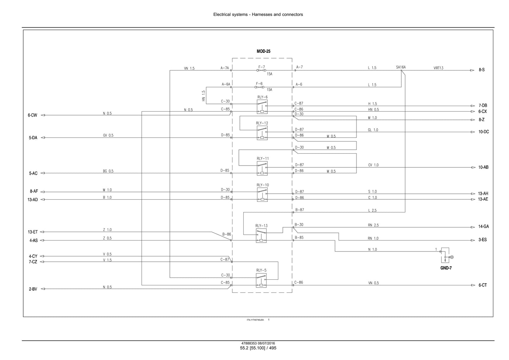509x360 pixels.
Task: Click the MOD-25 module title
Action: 263,51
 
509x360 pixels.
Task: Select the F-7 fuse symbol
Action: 261,70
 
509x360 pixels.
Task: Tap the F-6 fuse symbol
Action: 259,87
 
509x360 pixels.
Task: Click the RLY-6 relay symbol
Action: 262,107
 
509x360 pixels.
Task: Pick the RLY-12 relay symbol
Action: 262,133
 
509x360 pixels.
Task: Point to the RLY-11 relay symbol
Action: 262,168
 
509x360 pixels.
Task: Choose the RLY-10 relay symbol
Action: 262,194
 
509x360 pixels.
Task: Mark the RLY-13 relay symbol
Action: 261,235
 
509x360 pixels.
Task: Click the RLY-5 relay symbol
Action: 261,280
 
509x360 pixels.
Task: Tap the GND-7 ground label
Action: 446,268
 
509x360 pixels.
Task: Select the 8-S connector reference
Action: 482,70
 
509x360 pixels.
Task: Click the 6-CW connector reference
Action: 32,115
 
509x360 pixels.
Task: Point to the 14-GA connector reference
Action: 483,226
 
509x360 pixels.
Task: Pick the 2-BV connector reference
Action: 33,289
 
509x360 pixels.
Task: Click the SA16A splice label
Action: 401,67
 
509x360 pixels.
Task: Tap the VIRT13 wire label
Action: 438,68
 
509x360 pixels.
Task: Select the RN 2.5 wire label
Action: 373,225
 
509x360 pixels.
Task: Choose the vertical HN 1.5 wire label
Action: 204,96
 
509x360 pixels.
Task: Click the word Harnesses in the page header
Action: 262,14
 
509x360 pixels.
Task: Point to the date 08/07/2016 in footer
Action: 266,343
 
